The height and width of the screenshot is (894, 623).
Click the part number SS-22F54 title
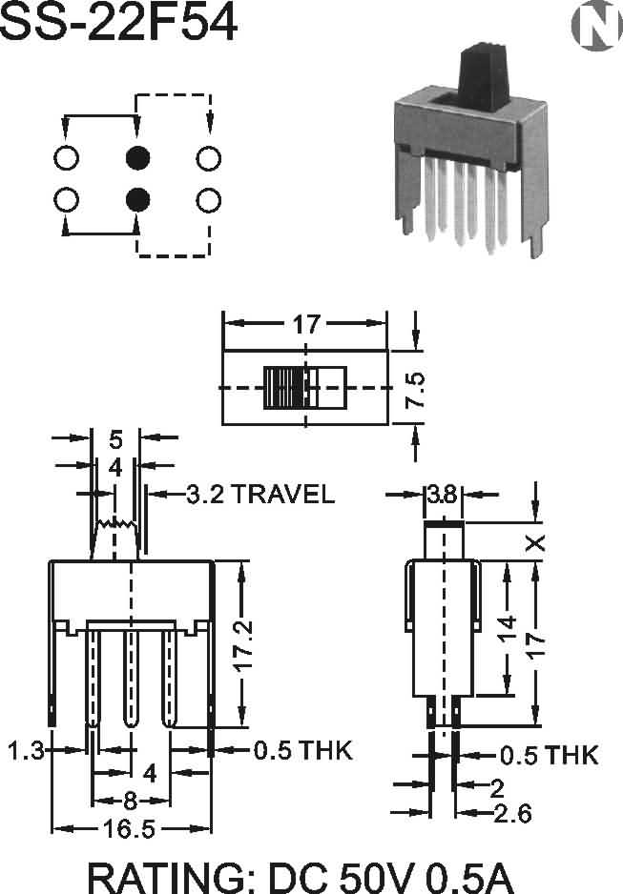118,22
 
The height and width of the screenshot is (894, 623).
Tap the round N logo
596,25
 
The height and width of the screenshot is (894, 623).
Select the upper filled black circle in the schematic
137,158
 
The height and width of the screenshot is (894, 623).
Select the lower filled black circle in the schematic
137,199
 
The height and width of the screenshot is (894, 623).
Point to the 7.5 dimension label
417,390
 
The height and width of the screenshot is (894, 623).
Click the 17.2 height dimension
243,646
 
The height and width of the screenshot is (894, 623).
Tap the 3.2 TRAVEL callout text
260,494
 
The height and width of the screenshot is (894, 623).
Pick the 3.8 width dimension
442,495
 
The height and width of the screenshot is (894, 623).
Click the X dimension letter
535,543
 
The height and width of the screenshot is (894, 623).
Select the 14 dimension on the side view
507,629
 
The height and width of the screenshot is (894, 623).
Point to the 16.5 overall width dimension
129,828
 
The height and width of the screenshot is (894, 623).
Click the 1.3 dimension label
27,750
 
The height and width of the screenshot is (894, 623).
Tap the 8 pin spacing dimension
130,801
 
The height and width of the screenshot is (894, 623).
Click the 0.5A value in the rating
470,877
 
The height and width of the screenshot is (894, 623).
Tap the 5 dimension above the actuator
115,439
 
